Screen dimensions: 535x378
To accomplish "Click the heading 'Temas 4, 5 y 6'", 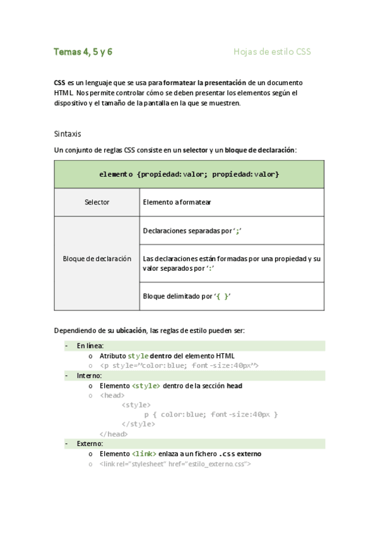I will [83, 52].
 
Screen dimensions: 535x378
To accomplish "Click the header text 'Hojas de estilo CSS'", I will [272, 52].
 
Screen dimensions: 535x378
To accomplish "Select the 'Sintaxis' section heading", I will [68, 134].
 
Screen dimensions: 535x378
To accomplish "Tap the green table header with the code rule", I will [189, 174].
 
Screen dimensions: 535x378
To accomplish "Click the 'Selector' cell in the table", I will [97, 203].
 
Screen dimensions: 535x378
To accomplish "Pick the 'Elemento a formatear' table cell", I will [177, 203].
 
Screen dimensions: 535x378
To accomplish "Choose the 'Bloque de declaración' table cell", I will [97, 259].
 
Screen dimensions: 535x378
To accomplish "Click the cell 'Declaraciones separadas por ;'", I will [192, 231].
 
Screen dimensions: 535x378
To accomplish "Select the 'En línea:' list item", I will [90, 346].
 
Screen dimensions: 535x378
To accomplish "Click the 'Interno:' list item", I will [90, 375].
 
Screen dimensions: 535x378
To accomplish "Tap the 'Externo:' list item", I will [90, 444].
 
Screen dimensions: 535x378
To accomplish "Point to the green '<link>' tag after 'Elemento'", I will [143, 454].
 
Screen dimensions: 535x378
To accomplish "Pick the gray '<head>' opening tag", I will [112, 396].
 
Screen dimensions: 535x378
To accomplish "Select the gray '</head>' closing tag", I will [114, 434].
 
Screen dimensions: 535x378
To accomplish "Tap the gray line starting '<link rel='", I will [175, 464].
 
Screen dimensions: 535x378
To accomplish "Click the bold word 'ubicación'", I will [131, 331].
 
